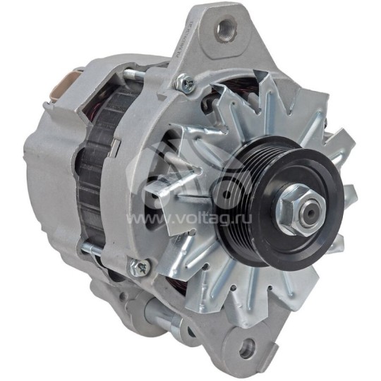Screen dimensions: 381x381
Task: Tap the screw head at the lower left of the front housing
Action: point(138,267)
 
